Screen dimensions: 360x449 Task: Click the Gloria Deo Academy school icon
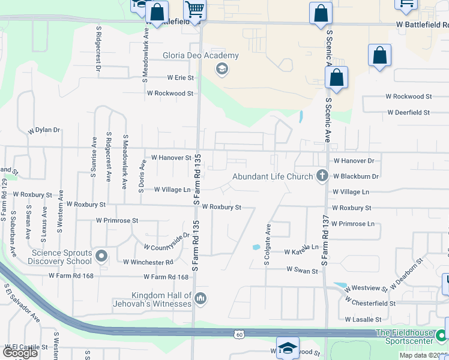click(x=221, y=69)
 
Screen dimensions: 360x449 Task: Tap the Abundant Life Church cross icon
click(x=322, y=176)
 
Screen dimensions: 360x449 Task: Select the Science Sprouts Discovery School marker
click(x=101, y=257)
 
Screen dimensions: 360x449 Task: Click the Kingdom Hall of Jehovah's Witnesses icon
click(x=200, y=298)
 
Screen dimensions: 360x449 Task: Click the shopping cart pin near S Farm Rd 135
click(x=194, y=10)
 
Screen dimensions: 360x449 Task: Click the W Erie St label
click(x=172, y=78)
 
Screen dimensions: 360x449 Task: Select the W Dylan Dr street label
click(x=44, y=130)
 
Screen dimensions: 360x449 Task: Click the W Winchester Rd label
click(x=148, y=262)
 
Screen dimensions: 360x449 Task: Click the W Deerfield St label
click(x=408, y=112)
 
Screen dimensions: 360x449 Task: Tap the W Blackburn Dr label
click(x=357, y=176)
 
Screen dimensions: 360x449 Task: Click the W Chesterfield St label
click(x=370, y=304)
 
